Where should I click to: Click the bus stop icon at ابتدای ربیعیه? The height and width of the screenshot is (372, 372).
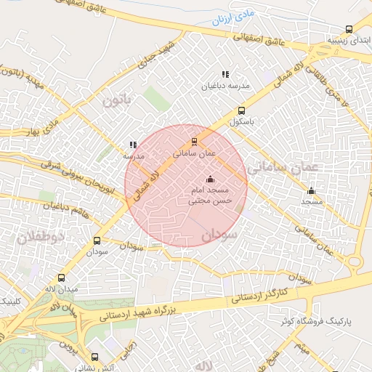[349, 30]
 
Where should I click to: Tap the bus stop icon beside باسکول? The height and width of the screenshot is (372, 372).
[241, 111]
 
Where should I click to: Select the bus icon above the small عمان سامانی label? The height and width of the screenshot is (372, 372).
[194, 142]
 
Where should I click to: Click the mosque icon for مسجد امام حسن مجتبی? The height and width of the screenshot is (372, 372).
[211, 179]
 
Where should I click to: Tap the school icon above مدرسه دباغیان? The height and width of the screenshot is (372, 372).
[225, 74]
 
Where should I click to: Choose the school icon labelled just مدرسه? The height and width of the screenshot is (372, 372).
[132, 145]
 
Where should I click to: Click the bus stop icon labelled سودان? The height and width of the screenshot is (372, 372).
[97, 240]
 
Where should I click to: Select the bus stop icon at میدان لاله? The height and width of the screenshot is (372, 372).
[61, 278]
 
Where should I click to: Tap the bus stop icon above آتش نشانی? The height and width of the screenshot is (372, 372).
[95, 357]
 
